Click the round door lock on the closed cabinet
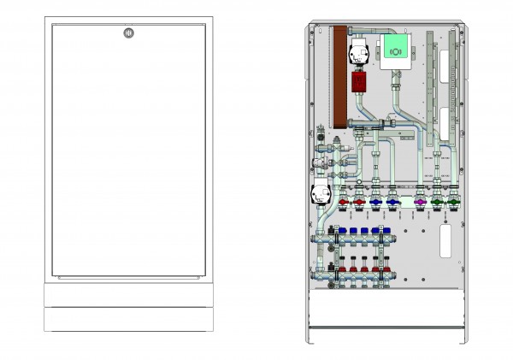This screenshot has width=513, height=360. tap(127, 34)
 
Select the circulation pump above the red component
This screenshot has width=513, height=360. tap(357, 53)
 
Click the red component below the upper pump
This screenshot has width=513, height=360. tap(357, 81)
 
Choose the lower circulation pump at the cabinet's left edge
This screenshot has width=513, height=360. tap(320, 195)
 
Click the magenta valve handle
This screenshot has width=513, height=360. tap(420, 204)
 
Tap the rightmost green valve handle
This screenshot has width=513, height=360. tap(453, 204)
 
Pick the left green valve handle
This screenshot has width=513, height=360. tap(437, 204)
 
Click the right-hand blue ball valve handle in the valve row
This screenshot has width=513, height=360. tap(392, 204)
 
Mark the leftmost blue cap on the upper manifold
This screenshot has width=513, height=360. tap(341, 231)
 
